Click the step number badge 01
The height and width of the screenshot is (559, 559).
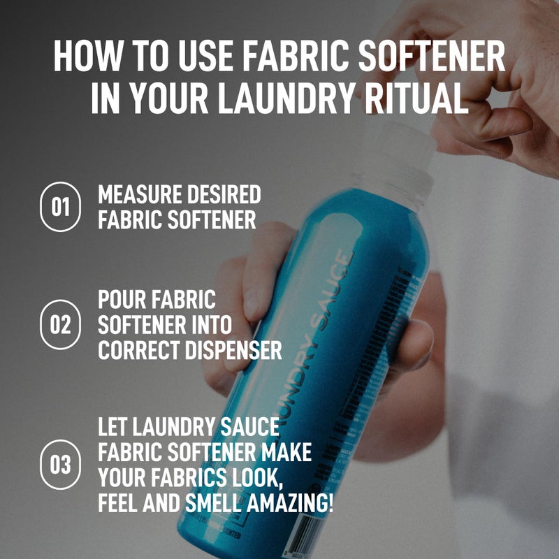61,207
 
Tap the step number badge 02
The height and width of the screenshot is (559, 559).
61,324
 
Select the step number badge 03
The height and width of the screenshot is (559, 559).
61,464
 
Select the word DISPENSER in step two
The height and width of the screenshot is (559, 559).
236,350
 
